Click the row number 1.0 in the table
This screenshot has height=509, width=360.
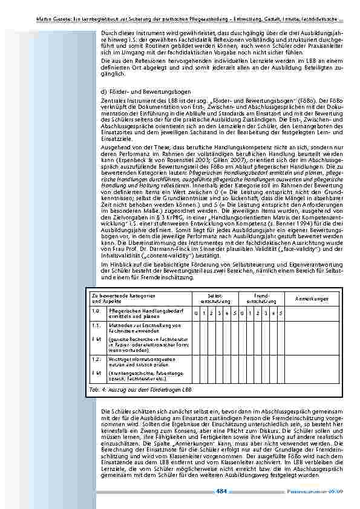click(95, 311)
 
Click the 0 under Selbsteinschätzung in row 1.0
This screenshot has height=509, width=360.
click(196, 313)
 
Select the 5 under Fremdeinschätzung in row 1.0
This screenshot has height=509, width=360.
click(281, 313)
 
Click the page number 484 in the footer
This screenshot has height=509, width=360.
click(221, 491)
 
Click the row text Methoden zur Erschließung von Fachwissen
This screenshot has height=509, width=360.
click(140, 328)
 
